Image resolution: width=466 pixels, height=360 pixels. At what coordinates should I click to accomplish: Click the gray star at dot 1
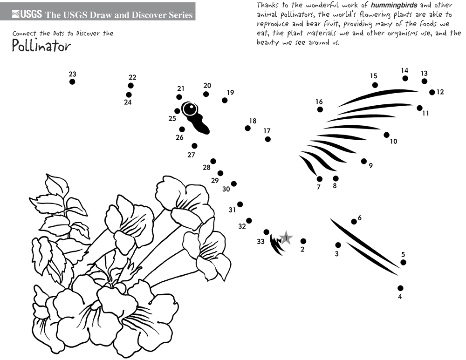(x=286, y=238)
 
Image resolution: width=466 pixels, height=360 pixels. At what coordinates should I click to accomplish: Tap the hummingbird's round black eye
(x=190, y=109)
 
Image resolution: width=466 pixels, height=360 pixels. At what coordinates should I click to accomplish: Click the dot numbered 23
(x=72, y=82)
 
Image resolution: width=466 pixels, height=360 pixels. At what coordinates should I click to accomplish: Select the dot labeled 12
(x=432, y=92)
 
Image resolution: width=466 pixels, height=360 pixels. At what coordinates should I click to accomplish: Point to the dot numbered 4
(x=400, y=288)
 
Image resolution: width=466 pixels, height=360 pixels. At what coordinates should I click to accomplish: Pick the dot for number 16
(x=320, y=109)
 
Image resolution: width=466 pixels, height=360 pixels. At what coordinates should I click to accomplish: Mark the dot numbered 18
(x=247, y=128)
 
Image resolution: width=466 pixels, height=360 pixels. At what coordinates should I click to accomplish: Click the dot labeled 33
(x=266, y=232)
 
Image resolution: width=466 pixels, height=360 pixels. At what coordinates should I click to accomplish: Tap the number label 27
(x=191, y=155)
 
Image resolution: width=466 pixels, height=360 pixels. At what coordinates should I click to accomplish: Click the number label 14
(x=404, y=70)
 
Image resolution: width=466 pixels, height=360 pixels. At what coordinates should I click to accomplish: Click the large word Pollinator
(x=41, y=46)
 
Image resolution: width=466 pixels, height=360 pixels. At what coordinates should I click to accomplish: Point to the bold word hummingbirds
(x=394, y=5)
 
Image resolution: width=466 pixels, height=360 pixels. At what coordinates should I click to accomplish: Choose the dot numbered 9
(x=364, y=161)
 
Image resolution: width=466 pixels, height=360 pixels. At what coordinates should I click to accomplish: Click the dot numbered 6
(x=354, y=222)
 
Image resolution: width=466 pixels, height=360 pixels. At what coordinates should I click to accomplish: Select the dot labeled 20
(x=206, y=94)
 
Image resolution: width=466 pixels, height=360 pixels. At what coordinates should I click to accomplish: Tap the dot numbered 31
(x=240, y=204)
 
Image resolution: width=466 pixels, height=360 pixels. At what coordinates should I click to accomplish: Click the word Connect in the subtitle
(x=24, y=33)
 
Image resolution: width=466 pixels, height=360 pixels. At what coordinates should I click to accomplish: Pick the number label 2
(x=302, y=249)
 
